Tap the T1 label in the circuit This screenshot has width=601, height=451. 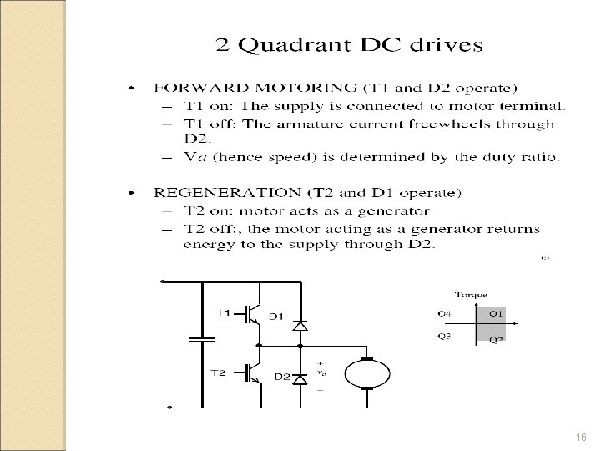tap(225, 313)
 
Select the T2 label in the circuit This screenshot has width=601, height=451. tap(216, 373)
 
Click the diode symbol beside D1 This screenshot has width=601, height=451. tap(298, 324)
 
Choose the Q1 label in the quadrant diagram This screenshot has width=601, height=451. tap(496, 314)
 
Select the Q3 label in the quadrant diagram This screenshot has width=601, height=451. tap(445, 337)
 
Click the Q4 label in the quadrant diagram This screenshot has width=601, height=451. tap(445, 314)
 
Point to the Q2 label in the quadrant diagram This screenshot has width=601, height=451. tap(495, 340)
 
